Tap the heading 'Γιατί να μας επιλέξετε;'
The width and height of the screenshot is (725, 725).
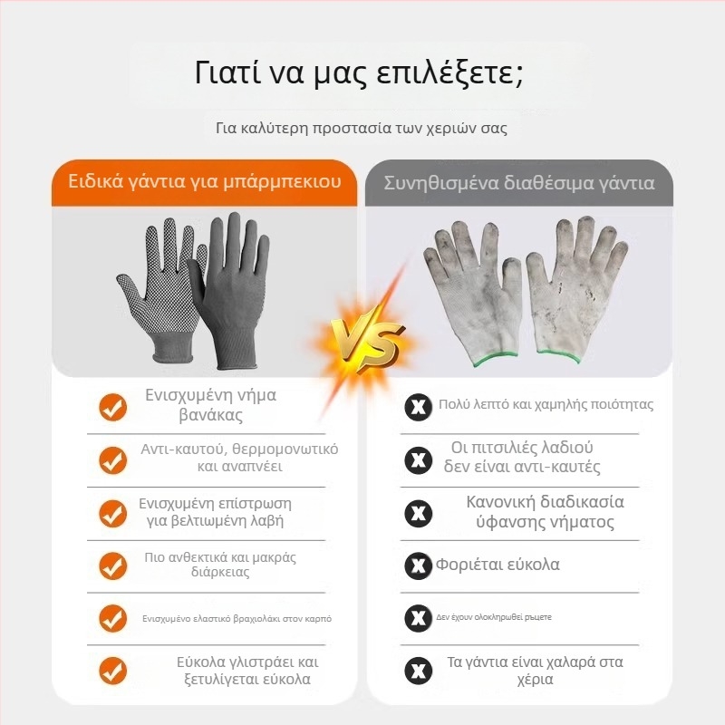[359, 73]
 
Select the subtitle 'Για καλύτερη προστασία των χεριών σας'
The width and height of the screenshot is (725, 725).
[362, 128]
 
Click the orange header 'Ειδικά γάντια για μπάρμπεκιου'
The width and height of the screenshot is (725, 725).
[205, 181]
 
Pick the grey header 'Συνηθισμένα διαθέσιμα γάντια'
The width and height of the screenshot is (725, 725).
[519, 183]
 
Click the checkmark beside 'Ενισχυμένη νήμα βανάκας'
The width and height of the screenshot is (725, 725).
[112, 407]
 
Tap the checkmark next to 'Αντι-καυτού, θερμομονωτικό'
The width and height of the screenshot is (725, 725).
[112, 460]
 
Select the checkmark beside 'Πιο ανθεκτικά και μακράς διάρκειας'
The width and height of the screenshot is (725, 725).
[112, 565]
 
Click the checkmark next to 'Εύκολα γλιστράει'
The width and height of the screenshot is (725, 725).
[112, 671]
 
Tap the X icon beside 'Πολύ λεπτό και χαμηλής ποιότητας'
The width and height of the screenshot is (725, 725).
[419, 407]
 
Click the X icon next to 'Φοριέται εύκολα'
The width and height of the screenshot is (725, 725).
[419, 565]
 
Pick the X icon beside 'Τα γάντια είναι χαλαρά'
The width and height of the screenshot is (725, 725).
[419, 671]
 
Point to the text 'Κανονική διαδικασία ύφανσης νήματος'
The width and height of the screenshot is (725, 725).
[546, 512]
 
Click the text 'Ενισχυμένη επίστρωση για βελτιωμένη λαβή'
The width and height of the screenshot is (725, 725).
[215, 512]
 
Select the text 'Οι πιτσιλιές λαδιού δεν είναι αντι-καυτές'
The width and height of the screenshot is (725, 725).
[522, 458]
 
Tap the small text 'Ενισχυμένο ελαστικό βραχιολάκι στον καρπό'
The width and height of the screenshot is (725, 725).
[237, 619]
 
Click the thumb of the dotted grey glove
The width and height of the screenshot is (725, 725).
[130, 290]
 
